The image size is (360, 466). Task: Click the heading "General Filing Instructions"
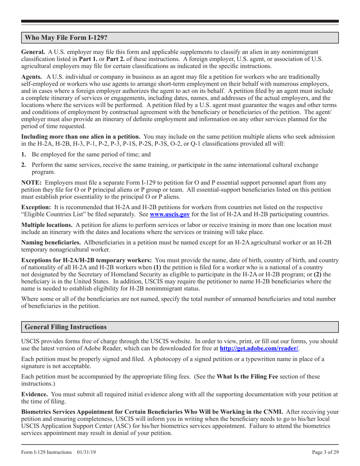65,327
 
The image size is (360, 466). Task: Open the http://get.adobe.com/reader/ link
259,348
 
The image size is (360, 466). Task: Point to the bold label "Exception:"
36,207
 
